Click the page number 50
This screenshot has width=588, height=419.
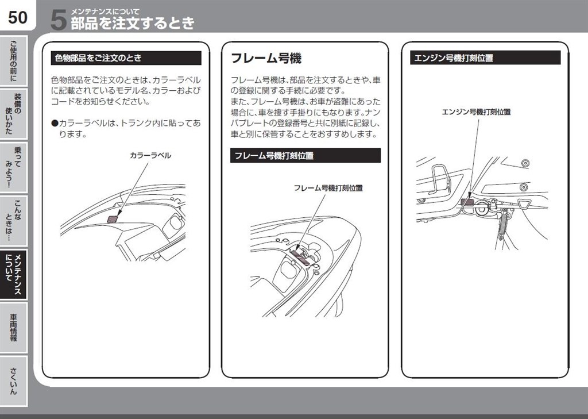[17, 17]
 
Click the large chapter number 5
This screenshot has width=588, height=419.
[58, 20]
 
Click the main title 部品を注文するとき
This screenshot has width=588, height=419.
[132, 24]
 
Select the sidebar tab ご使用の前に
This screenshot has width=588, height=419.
[13, 60]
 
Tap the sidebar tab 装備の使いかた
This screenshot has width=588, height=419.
[13, 113]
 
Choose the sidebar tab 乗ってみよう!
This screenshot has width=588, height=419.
[13, 167]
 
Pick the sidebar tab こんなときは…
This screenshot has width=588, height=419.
[13, 220]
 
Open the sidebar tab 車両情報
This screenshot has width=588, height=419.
[13, 327]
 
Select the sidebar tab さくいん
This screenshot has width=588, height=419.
[13, 380]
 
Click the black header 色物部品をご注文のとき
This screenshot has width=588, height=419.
[126, 58]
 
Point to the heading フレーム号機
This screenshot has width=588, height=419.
[266, 58]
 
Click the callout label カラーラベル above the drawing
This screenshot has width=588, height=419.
[150, 156]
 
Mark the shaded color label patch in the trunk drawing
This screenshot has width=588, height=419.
[114, 217]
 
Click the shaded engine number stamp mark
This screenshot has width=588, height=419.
[467, 201]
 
